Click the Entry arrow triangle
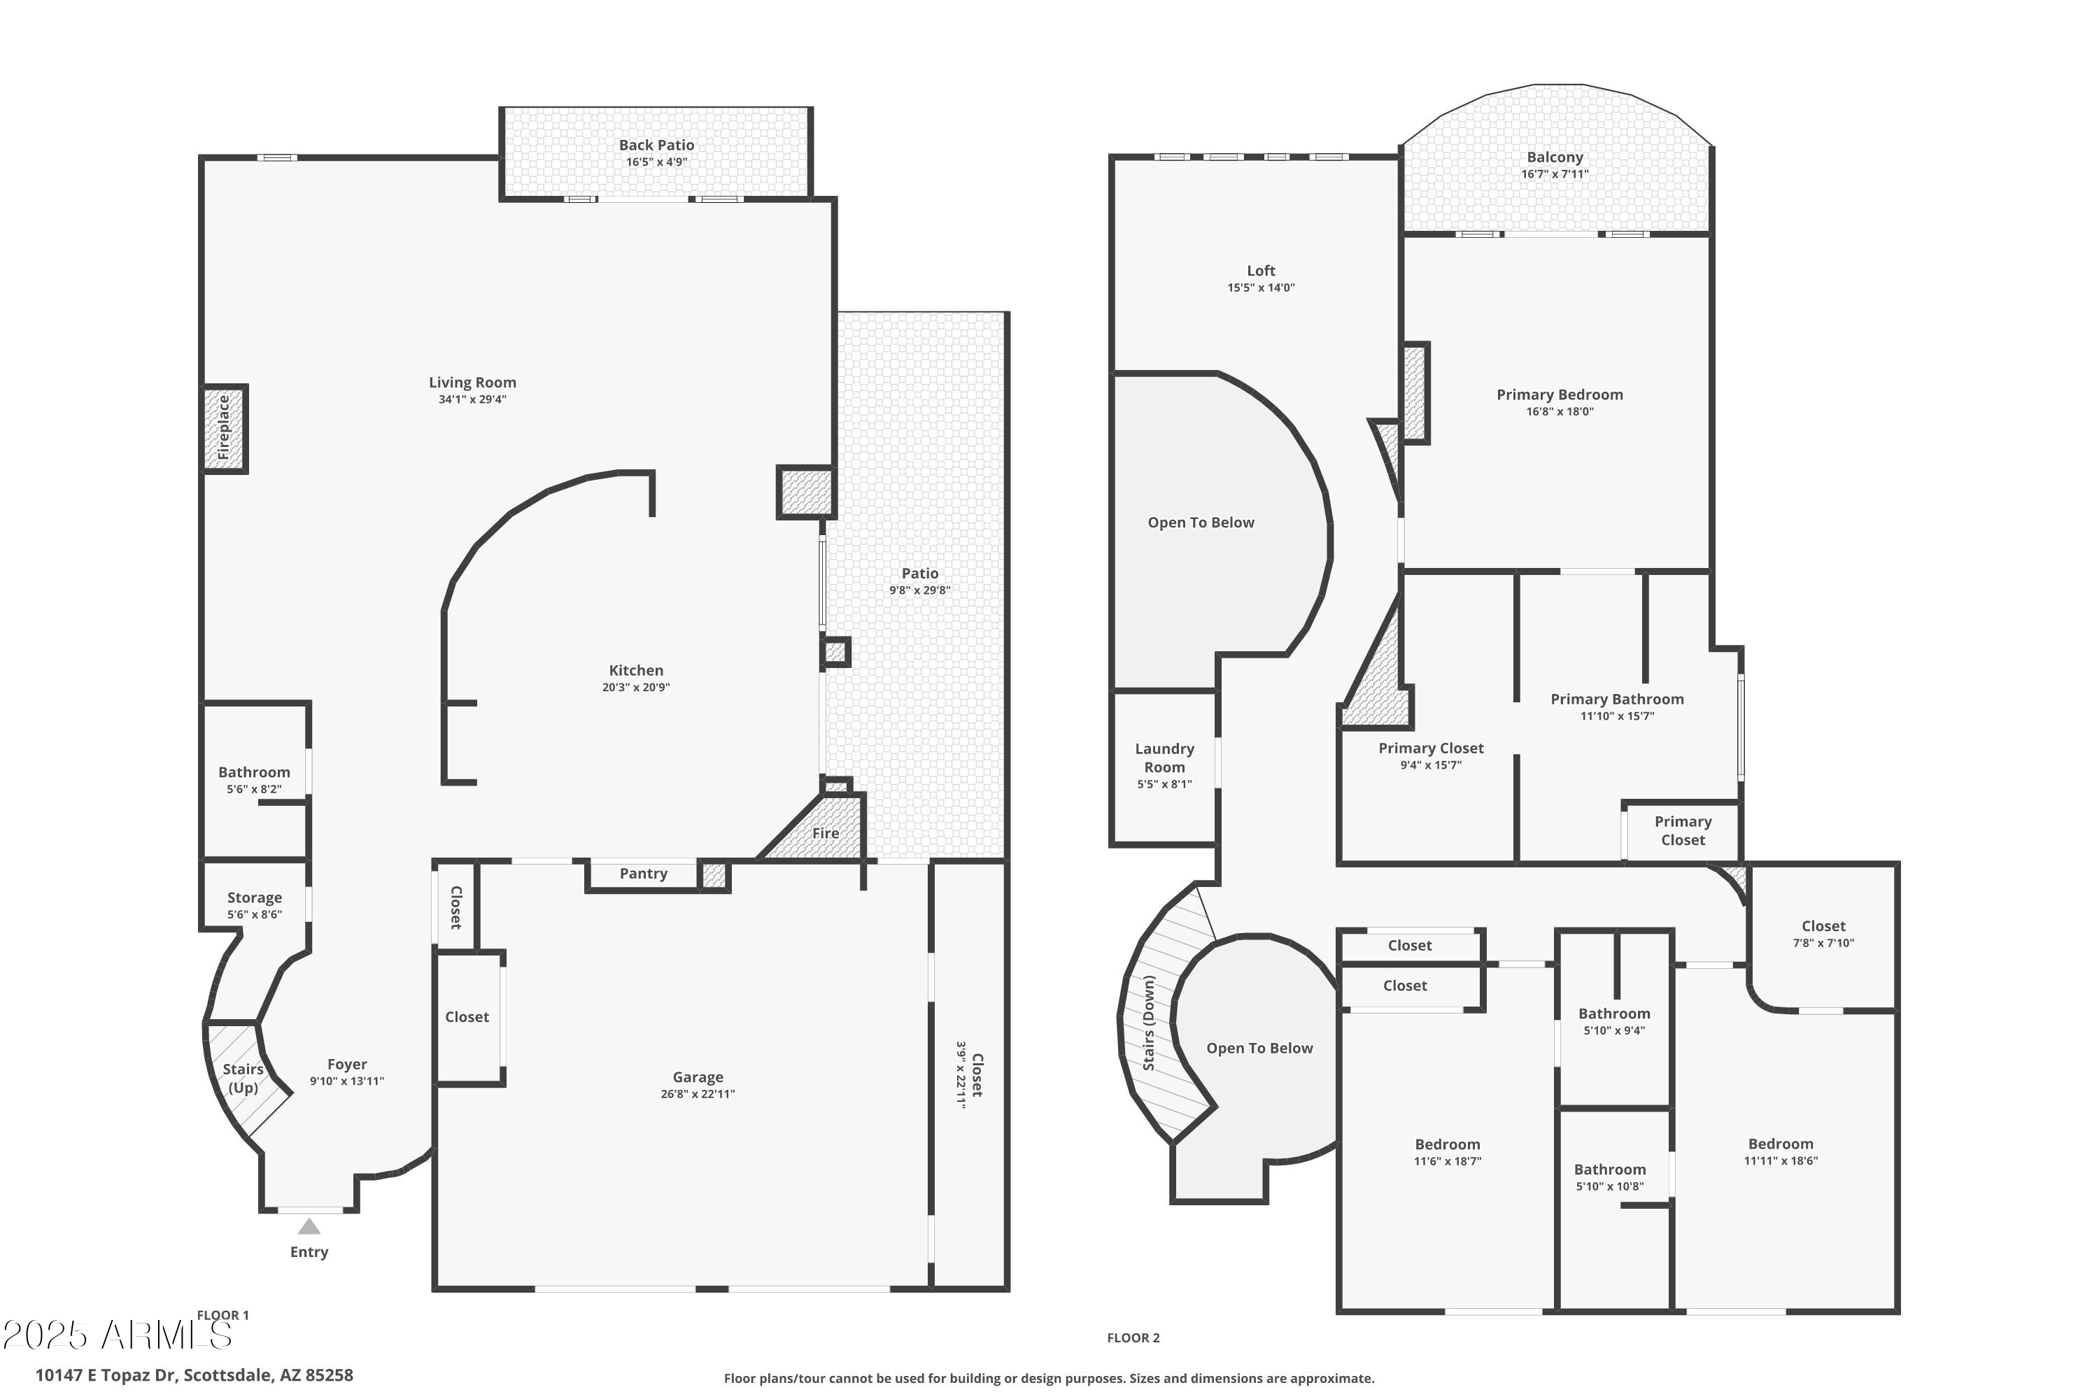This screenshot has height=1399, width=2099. (x=309, y=1227)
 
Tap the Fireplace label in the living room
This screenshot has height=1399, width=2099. (x=224, y=428)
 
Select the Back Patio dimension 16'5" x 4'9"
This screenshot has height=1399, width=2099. (x=656, y=162)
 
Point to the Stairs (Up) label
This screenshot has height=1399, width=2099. (x=243, y=1078)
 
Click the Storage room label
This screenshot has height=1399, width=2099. (x=255, y=897)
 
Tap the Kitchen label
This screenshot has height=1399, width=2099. (x=635, y=670)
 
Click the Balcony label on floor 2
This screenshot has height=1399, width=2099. (x=1555, y=157)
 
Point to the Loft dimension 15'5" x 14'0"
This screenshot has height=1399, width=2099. (x=1260, y=287)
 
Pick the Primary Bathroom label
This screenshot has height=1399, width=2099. (x=1616, y=699)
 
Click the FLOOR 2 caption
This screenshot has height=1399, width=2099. (x=1133, y=1337)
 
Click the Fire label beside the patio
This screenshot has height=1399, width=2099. (x=825, y=833)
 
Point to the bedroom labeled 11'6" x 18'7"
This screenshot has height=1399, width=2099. (x=1447, y=1152)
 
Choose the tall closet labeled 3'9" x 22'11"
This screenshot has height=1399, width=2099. (x=969, y=1074)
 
